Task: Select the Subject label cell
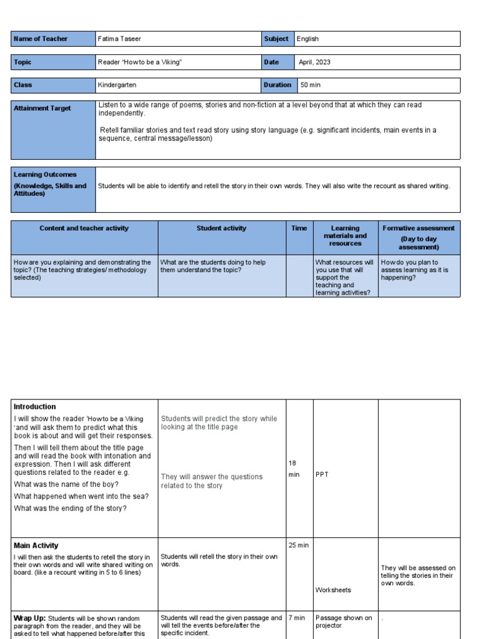(276, 39)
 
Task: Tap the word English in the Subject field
(307, 39)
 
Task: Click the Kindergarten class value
(117, 85)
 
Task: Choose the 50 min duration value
(311, 85)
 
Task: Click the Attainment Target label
(42, 109)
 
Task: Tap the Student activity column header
(221, 228)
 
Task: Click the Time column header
(299, 228)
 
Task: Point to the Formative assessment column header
(419, 228)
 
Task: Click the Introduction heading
(35, 407)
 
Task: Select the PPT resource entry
(322, 474)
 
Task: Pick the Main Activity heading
(36, 545)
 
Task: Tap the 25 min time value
(299, 545)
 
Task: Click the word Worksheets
(333, 590)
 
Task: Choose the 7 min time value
(297, 618)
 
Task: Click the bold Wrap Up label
(29, 618)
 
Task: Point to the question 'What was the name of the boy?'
(67, 484)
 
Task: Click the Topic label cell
(22, 62)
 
